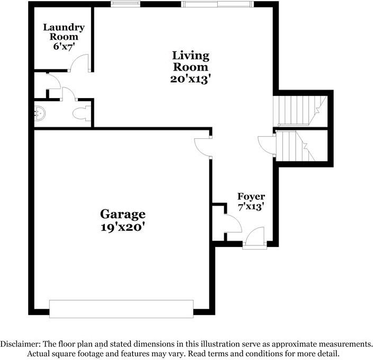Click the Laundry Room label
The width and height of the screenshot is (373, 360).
60,32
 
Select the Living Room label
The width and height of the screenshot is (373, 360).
190,61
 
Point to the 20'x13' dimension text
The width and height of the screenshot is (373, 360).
190,79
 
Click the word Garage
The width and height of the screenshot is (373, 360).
123,214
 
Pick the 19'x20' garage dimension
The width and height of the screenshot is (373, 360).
123,228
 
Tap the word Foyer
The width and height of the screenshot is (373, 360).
251,196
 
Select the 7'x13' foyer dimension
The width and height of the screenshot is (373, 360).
251,207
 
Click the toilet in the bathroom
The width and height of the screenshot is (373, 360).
82,113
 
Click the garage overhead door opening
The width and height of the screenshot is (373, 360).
121,309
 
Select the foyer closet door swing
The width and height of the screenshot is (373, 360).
233,224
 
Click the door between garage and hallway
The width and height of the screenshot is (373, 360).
203,146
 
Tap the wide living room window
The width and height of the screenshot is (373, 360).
217,4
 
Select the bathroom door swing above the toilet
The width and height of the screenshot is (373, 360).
69,94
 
